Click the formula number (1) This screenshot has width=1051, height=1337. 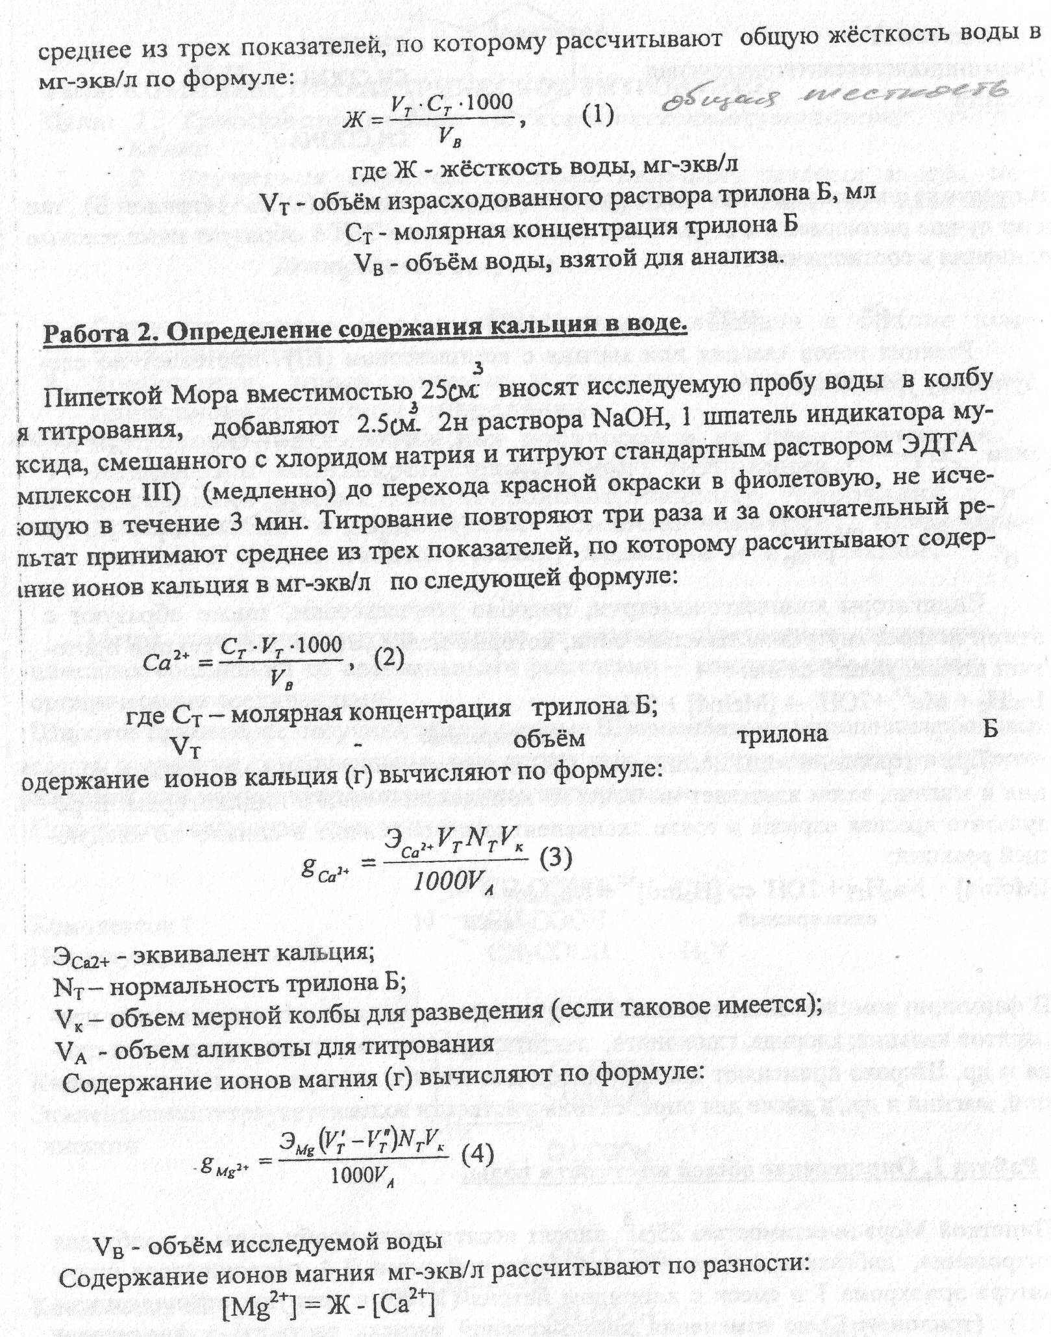point(597,115)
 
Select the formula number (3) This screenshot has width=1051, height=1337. point(556,858)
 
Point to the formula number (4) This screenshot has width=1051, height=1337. point(477,1155)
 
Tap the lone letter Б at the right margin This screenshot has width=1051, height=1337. point(989,729)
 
